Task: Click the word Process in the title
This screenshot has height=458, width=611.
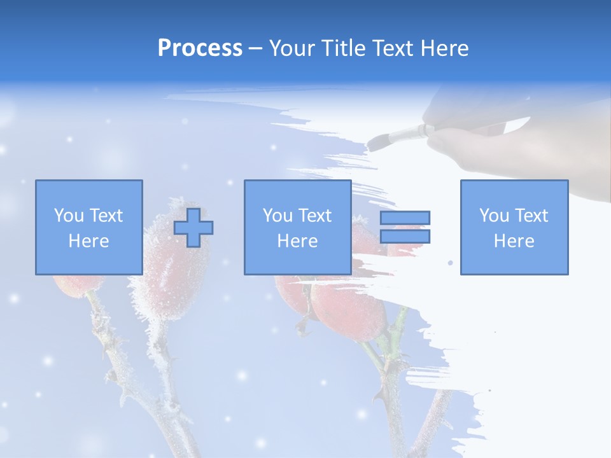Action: point(200,48)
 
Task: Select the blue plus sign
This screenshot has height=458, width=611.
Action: point(194,228)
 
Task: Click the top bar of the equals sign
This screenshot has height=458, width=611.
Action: point(405,218)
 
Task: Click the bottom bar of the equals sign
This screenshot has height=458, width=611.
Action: point(405,237)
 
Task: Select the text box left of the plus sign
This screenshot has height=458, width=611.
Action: point(89,227)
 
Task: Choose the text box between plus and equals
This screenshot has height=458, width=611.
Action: point(298,227)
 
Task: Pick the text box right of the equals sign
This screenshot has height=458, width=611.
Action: point(514,227)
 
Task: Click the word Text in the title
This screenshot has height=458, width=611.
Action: point(391,48)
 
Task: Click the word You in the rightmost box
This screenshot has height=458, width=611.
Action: point(494,216)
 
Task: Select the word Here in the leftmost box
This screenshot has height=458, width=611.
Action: point(89,241)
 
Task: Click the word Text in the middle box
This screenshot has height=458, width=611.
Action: point(315,216)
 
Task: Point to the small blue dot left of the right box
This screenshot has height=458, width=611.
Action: point(451,262)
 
